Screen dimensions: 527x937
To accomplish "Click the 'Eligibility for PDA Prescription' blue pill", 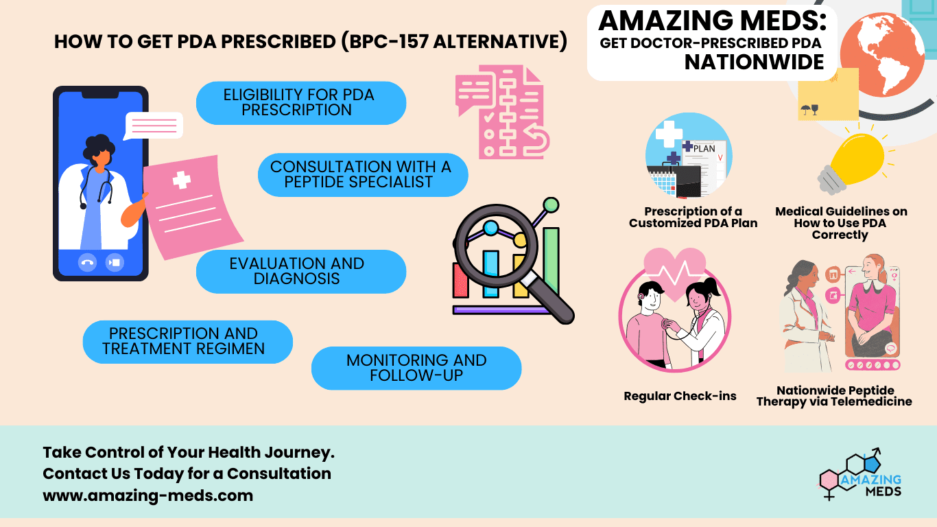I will (x=300, y=103).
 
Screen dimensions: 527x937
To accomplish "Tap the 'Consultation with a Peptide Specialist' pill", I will (x=362, y=174).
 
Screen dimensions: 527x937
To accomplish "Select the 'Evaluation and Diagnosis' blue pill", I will (x=300, y=271).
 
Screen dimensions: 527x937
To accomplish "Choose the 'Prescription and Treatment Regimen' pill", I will (x=187, y=341).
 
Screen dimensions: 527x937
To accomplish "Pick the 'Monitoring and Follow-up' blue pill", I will (x=416, y=368).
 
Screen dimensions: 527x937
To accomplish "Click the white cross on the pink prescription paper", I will (x=182, y=180).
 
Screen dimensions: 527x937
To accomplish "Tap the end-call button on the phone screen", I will (x=87, y=262).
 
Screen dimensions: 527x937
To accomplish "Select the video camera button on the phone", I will (x=115, y=262).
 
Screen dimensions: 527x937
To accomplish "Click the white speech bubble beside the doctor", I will (x=154, y=126).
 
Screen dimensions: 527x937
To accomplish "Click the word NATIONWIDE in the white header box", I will (x=755, y=62).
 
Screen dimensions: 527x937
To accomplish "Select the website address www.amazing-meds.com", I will (x=147, y=495).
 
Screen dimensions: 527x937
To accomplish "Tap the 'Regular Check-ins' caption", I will (x=680, y=396).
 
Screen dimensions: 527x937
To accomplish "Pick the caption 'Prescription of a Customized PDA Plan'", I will (x=693, y=217).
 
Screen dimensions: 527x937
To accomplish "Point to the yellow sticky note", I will (x=828, y=95).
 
